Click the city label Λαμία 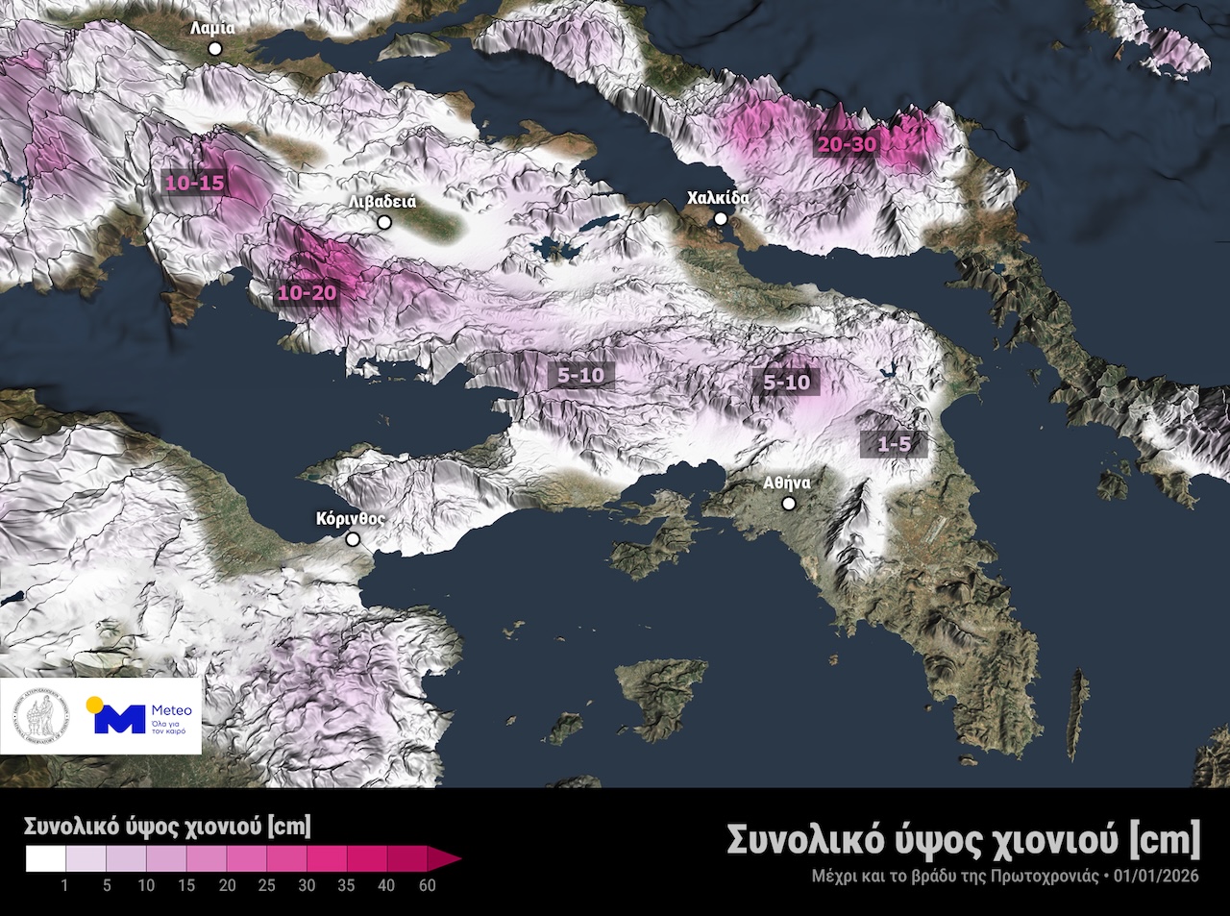[212, 28]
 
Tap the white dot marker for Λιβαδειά [384, 222]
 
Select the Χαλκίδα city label [717, 198]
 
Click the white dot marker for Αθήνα [789, 504]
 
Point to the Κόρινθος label [350, 518]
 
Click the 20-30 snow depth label [849, 144]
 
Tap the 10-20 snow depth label [307, 292]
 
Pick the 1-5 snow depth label [894, 444]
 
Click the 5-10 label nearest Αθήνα [786, 382]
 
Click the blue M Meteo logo [120, 718]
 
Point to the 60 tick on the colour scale [427, 885]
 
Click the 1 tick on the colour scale [65, 885]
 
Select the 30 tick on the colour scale [307, 885]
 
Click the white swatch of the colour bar [45, 858]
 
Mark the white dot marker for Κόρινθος [354, 540]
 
